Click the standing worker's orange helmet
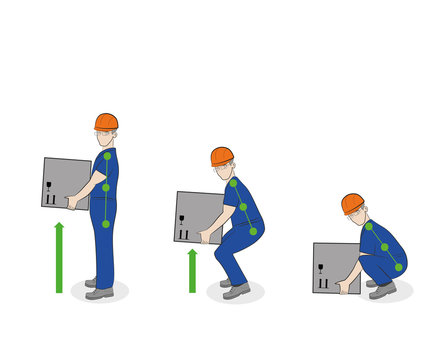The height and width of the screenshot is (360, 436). click(x=106, y=121)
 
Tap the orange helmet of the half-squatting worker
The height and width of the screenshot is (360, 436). click(x=221, y=155)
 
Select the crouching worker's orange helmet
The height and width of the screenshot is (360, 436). click(x=352, y=202)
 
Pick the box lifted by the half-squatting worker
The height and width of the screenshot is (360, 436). click(x=198, y=217)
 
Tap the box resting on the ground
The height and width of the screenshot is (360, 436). click(x=334, y=266)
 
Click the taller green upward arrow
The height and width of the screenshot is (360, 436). click(x=59, y=257)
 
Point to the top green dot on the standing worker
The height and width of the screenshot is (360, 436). click(x=107, y=156)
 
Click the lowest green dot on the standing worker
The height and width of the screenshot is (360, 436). click(x=106, y=223)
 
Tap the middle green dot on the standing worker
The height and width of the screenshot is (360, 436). click(x=106, y=187)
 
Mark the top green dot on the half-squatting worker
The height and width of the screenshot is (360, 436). click(x=233, y=183)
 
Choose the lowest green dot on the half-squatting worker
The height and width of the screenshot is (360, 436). click(x=253, y=231)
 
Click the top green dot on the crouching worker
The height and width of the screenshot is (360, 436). click(x=368, y=226)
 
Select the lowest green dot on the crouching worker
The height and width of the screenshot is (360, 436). click(x=398, y=267)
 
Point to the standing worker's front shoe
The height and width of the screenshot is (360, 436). click(x=99, y=293)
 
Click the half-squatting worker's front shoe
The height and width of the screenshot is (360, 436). click(x=236, y=291)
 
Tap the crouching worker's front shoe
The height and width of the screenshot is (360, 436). click(x=382, y=290)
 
